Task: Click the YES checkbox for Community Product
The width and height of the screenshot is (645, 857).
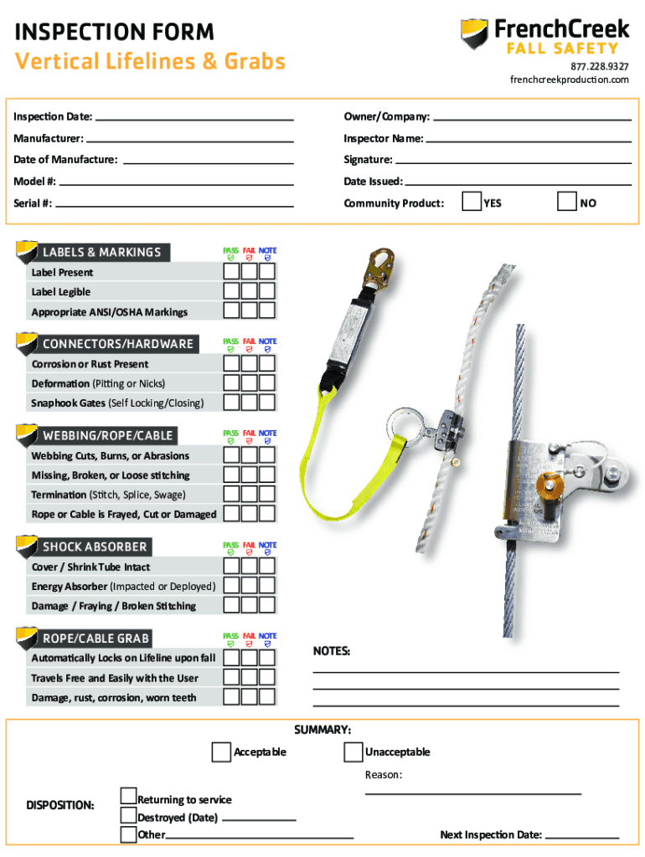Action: click(x=472, y=202)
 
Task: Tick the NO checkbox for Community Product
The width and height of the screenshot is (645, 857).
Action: click(x=568, y=202)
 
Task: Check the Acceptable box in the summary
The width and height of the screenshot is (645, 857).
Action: click(x=221, y=752)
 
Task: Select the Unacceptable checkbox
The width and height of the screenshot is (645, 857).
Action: click(x=353, y=752)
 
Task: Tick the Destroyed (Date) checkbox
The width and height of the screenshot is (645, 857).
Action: click(x=128, y=815)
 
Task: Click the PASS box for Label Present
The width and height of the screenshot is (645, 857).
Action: click(x=231, y=271)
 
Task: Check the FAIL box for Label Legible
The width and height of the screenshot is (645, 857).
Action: click(x=249, y=290)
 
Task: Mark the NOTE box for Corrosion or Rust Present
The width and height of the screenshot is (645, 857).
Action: click(x=266, y=363)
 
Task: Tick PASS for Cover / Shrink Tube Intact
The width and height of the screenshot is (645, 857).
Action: click(x=231, y=567)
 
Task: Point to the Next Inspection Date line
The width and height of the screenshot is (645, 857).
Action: click(x=581, y=836)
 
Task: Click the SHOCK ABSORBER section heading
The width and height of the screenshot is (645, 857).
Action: click(x=95, y=547)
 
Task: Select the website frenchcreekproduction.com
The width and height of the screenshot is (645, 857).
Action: click(x=570, y=80)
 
